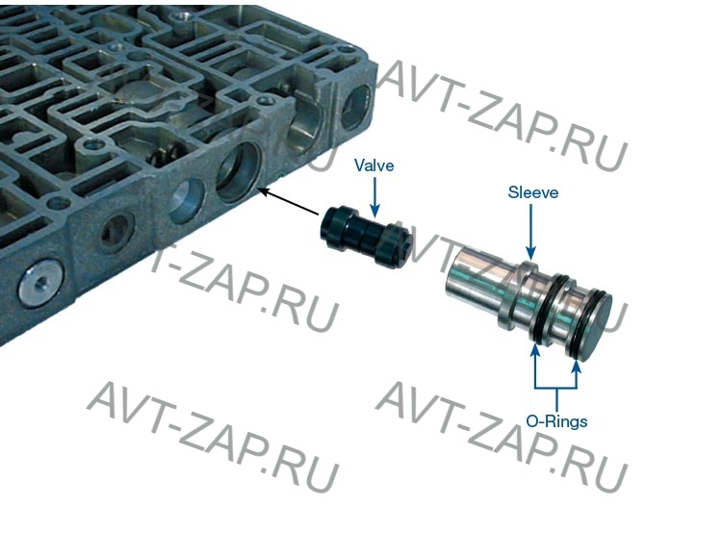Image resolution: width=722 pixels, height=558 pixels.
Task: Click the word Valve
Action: point(374,165)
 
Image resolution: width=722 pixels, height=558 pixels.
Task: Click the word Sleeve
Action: point(532,191)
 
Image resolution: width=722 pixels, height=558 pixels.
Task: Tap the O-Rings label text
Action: point(556,421)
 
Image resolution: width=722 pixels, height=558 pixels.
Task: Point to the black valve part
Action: point(365,237)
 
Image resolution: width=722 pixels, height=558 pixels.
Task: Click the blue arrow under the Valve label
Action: point(375,197)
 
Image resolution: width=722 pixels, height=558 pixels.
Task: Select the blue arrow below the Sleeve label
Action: point(530,232)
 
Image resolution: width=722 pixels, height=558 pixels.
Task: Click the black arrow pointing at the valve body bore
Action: point(288,201)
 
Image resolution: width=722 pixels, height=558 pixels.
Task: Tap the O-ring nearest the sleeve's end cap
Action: point(580,322)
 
